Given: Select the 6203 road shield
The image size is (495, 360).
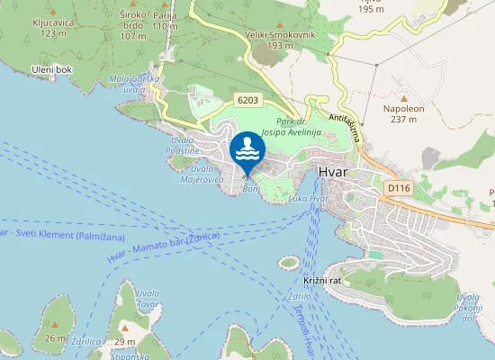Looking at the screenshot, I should tap(249, 99).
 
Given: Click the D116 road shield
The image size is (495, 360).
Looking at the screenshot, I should tap(399, 187).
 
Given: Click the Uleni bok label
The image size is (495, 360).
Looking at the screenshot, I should tap(52, 69).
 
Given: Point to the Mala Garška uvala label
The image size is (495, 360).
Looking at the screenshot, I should tap(135, 84).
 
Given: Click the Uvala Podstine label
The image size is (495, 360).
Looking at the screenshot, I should tap(182, 147).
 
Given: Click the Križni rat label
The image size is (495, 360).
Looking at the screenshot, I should tap(320, 281).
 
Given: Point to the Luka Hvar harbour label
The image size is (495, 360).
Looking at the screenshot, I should tap(307, 198).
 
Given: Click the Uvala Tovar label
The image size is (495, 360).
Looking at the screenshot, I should tap(148, 298).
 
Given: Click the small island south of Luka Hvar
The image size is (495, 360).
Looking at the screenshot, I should tap(288, 262).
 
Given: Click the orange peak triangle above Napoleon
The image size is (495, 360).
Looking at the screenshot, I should tap(403, 97).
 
